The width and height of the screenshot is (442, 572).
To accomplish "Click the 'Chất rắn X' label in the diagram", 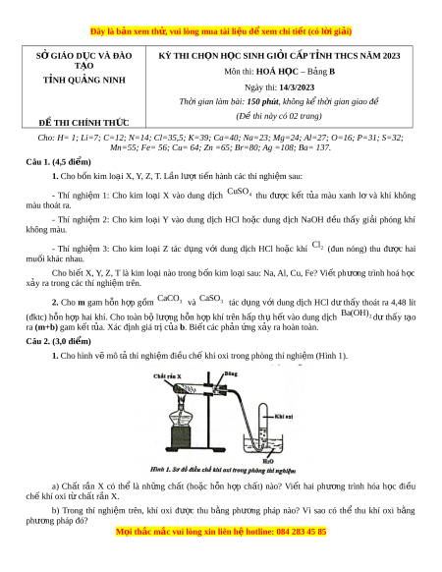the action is pyautogui.click(x=167, y=376).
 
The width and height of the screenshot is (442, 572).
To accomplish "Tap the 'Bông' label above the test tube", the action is pyautogui.click(x=231, y=373).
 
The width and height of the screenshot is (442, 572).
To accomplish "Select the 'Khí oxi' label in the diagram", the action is pyautogui.click(x=284, y=417).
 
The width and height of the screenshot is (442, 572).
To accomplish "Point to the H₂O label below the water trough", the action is pyautogui.click(x=268, y=461).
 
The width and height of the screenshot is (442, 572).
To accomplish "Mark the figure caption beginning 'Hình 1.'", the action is pyautogui.click(x=223, y=470).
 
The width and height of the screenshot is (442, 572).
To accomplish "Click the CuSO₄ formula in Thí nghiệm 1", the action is pyautogui.click(x=240, y=192).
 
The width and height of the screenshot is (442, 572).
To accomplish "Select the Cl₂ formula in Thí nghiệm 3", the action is pyautogui.click(x=317, y=245).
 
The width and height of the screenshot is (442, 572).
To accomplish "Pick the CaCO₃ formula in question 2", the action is pyautogui.click(x=170, y=299).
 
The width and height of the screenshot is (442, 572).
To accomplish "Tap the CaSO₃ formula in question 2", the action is pyautogui.click(x=211, y=299).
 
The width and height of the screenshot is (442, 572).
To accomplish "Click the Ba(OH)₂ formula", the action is pyautogui.click(x=356, y=313).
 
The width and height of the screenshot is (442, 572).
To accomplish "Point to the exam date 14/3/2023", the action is pyautogui.click(x=297, y=87).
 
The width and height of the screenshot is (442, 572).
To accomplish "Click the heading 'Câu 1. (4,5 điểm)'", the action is pyautogui.click(x=58, y=162).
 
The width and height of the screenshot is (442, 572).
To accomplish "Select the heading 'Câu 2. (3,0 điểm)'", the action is pyautogui.click(x=58, y=341).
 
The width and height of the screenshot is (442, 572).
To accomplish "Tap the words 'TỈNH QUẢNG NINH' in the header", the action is pyautogui.click(x=84, y=80).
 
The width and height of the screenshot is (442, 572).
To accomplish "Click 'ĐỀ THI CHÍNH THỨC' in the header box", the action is pyautogui.click(x=83, y=123).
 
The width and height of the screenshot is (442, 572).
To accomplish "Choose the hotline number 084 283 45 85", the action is pyautogui.click(x=302, y=532).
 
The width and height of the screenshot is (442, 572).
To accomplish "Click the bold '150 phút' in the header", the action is pyautogui.click(x=263, y=101).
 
